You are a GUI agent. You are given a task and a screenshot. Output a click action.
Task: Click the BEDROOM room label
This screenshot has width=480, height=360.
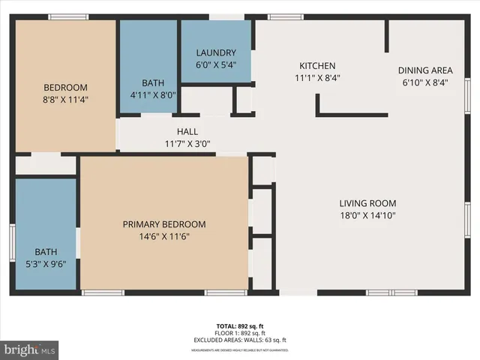(x=65, y=87)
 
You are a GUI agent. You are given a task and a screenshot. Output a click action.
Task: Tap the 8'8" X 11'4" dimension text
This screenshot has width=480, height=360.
(x=65, y=99)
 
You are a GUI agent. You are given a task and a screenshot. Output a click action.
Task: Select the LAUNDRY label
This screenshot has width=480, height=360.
(x=216, y=52)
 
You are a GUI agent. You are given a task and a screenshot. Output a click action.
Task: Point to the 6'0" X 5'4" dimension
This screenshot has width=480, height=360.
(x=216, y=64)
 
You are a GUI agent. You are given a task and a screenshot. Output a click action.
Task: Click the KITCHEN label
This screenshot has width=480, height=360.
(x=317, y=66)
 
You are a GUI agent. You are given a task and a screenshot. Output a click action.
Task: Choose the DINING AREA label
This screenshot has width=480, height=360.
(x=425, y=71)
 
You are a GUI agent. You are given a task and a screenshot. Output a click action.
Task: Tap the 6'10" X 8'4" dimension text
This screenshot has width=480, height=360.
(x=425, y=83)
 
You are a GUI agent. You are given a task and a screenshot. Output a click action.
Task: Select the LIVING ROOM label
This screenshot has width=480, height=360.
(x=367, y=203)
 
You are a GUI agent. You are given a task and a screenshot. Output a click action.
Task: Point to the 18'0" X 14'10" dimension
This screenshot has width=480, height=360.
(x=367, y=215)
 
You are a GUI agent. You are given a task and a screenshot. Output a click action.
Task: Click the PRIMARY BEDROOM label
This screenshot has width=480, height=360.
(x=164, y=224)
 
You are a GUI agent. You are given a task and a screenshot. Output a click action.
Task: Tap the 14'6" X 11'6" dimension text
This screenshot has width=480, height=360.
(x=164, y=236)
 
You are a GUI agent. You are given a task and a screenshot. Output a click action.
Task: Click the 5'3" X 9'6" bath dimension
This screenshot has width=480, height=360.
(x=46, y=264)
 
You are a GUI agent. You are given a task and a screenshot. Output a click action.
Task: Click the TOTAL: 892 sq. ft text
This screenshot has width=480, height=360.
(x=241, y=326)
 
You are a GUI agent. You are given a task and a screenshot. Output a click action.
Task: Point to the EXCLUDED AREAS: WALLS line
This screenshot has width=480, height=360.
(x=241, y=340)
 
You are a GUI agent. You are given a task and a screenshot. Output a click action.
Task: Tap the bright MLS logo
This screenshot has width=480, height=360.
(x=30, y=349)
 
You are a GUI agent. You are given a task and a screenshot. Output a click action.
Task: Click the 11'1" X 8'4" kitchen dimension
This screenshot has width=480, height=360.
(x=317, y=78)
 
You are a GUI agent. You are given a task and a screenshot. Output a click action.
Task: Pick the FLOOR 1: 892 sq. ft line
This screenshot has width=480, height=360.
(x=241, y=333)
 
